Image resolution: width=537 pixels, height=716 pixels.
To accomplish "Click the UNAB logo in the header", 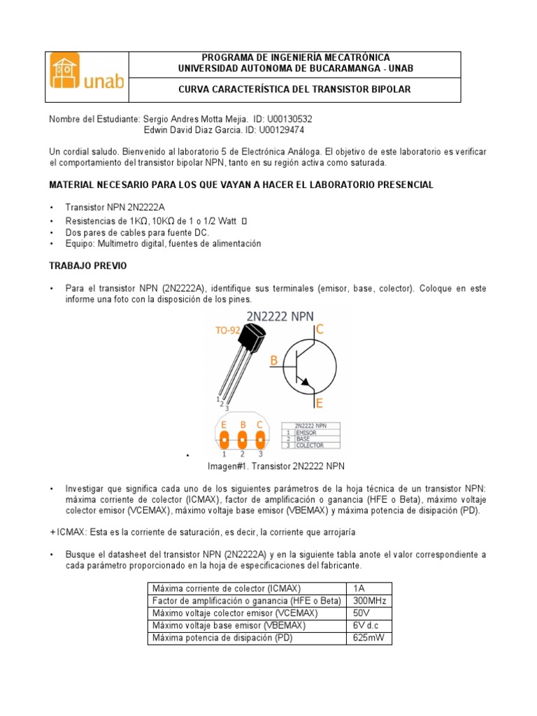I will (88, 77).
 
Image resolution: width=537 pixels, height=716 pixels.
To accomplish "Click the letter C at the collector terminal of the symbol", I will (320, 329).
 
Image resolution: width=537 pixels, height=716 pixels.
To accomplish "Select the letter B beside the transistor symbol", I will (274, 360).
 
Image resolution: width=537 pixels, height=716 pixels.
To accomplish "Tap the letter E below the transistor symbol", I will (319, 403).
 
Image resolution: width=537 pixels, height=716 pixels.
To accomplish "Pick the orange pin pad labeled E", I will (224, 441).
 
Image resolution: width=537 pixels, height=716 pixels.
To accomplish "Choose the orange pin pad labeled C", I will (261, 441).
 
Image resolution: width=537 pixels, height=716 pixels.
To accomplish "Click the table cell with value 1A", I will (368, 588).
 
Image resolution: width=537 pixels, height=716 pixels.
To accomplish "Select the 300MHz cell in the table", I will (368, 601).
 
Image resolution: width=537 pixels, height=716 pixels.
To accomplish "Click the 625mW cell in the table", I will (368, 638).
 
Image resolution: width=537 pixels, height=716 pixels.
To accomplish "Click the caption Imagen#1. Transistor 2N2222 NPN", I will (276, 466).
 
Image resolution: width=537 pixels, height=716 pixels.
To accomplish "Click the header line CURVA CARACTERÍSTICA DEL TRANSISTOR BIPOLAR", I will (294, 89).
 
